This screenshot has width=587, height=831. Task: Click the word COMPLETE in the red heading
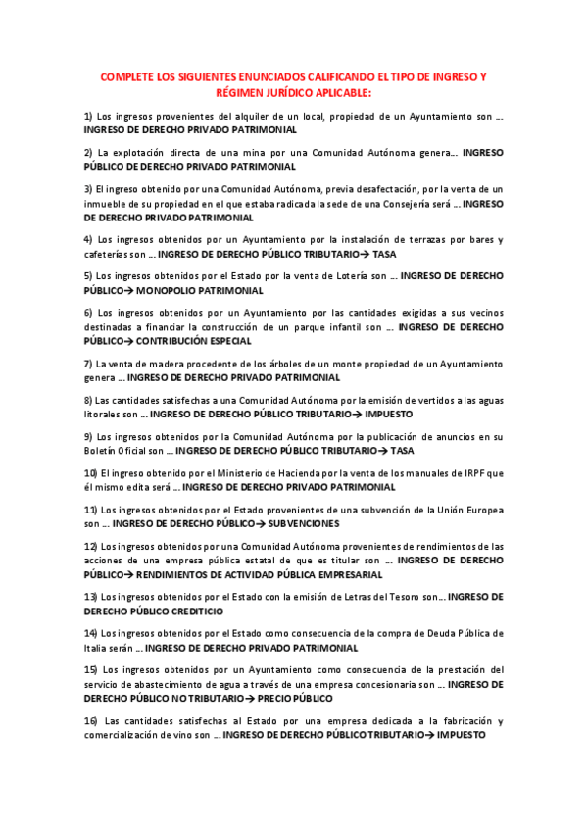(x=130, y=76)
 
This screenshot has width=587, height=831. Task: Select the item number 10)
(x=90, y=473)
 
